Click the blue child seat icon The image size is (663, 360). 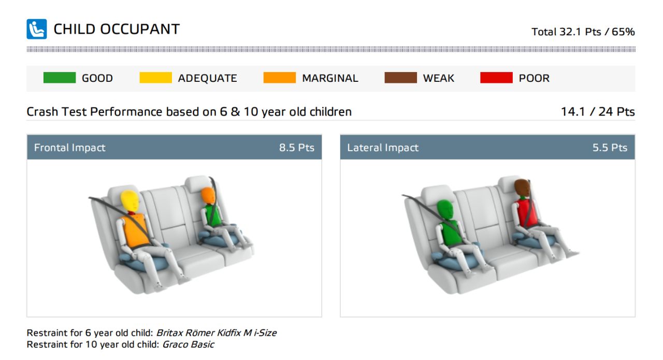point(37,29)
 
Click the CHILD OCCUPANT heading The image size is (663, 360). point(117,30)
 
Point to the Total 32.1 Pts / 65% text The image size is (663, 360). point(583,32)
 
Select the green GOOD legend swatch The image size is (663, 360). point(60,78)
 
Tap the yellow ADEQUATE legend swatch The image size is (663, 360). point(156,78)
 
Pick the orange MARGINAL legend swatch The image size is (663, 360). point(279,78)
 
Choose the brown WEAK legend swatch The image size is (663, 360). point(401,78)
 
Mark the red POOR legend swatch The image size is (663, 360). point(496,78)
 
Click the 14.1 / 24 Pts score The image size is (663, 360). point(598,111)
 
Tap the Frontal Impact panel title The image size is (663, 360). point(69,148)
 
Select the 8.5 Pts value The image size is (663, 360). point(297,148)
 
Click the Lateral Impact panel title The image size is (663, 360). point(383,148)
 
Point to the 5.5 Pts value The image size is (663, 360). point(610,148)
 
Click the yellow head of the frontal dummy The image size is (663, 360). point(129,201)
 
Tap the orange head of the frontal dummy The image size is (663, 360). point(208,195)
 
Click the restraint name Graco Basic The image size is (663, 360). point(188,344)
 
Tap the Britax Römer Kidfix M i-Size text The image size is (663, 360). point(217,333)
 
